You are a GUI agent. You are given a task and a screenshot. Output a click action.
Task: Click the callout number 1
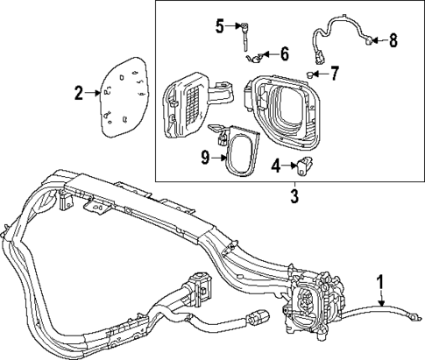pyautogui.click(x=379, y=283)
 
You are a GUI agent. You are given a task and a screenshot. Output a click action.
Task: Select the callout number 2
pyautogui.click(x=78, y=92)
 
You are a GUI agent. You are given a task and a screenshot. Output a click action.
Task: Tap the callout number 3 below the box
pyautogui.click(x=294, y=196)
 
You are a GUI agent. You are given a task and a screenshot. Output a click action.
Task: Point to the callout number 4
pyautogui.click(x=276, y=165)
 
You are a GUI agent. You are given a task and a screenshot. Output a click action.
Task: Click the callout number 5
pyautogui.click(x=221, y=25)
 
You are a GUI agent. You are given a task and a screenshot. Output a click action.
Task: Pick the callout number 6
pyautogui.click(x=285, y=54)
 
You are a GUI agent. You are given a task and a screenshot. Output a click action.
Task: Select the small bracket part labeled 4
pyautogui.click(x=308, y=165)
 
